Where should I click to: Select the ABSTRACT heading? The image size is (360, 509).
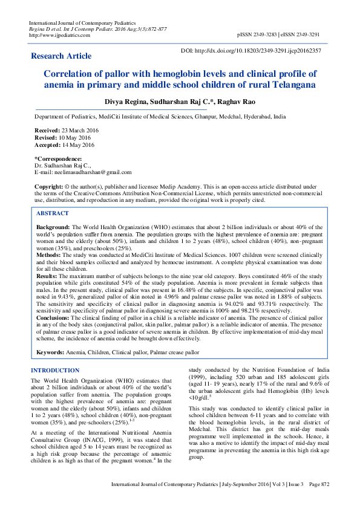(x=52, y=213)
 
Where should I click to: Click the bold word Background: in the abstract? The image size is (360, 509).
(x=52, y=225)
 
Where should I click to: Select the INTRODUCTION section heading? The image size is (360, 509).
(x=55, y=370)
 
